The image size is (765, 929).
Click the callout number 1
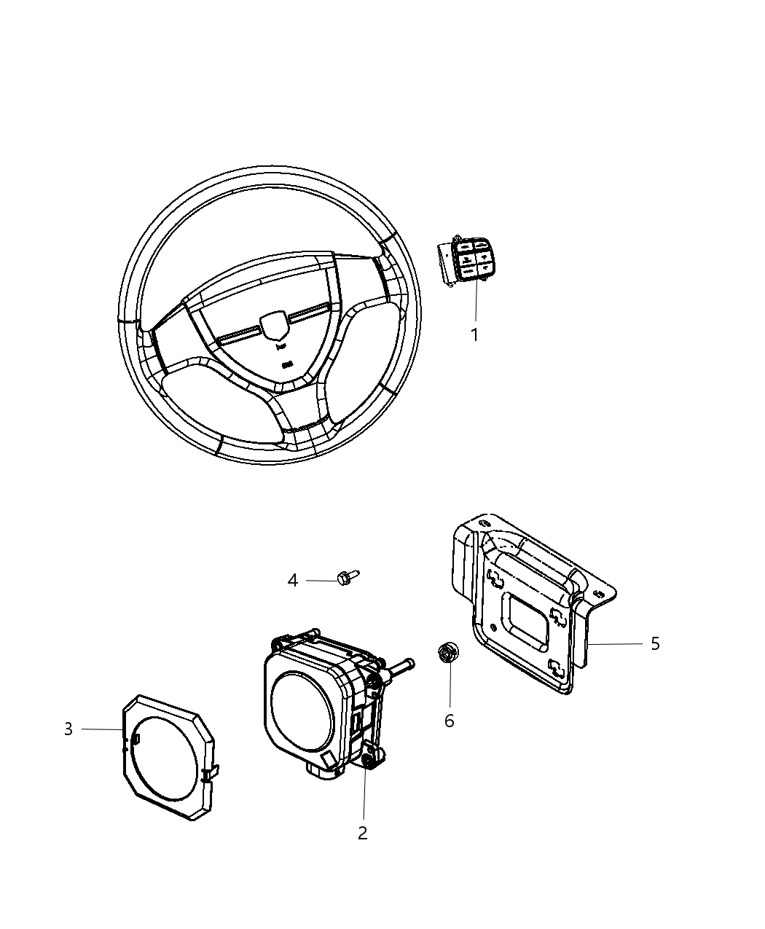[x=474, y=335]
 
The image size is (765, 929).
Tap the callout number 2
[x=363, y=833]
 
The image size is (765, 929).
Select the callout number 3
[x=68, y=729]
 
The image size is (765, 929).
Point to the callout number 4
[x=293, y=581]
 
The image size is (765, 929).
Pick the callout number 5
[x=655, y=643]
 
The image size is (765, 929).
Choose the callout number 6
[x=449, y=721]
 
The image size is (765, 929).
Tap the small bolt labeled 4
[x=346, y=578]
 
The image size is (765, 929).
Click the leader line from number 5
[x=616, y=644]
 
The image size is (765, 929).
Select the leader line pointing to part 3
[x=102, y=729]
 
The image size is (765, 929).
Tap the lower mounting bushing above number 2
[x=369, y=759]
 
